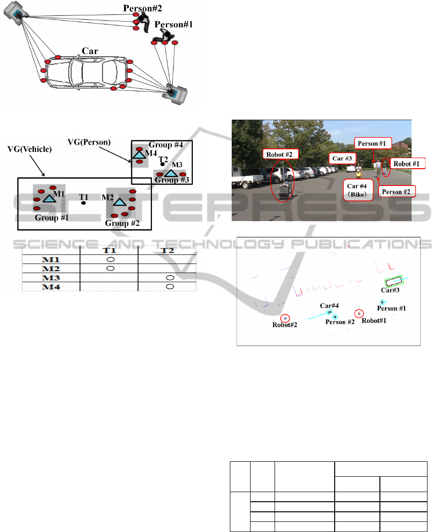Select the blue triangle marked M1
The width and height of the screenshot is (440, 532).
click(x=48, y=198)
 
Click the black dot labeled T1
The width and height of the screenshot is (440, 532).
click(x=84, y=203)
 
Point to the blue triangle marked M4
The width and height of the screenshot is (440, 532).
click(x=139, y=155)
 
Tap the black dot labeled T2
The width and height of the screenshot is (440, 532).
click(x=163, y=164)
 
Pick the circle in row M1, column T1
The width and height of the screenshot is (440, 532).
click(x=110, y=259)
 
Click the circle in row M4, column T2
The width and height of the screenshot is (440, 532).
click(x=169, y=287)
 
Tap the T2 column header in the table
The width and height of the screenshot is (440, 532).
click(x=168, y=250)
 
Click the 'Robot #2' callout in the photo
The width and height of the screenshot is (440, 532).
click(x=281, y=154)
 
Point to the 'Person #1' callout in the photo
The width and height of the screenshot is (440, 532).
click(x=374, y=143)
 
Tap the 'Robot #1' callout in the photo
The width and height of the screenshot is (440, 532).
click(x=407, y=163)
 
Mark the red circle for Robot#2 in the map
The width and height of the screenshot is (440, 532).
click(x=285, y=318)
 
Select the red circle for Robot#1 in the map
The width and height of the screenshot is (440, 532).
click(x=358, y=313)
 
